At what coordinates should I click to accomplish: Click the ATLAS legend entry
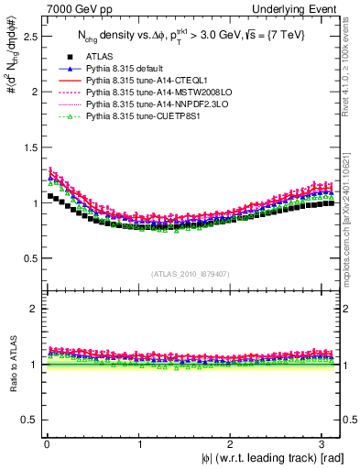point(99,57)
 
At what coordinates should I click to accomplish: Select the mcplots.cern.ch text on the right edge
point(353,224)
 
